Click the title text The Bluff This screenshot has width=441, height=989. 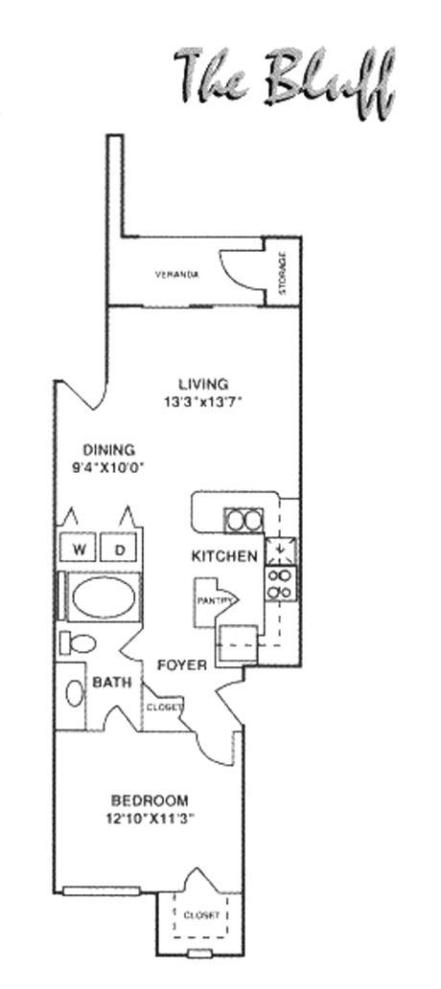[x=285, y=81]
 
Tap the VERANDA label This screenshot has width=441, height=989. [x=177, y=275]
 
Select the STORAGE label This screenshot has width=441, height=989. [x=282, y=273]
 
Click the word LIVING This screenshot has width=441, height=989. [x=203, y=384]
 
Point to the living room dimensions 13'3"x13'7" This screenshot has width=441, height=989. [x=203, y=400]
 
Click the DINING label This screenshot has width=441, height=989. [x=109, y=450]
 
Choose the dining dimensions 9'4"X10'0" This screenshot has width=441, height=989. [x=110, y=467]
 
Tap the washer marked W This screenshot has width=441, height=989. [x=79, y=548]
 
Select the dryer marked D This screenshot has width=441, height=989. [x=121, y=548]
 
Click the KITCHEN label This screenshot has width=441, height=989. [x=225, y=556]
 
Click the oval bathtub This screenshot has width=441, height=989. [x=104, y=597]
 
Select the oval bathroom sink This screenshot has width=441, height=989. [x=74, y=693]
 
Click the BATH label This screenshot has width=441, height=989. [x=112, y=682]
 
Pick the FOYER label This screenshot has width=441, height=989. [x=182, y=664]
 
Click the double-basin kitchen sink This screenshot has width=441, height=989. [x=244, y=521]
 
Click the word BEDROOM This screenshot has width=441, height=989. [x=150, y=801]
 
